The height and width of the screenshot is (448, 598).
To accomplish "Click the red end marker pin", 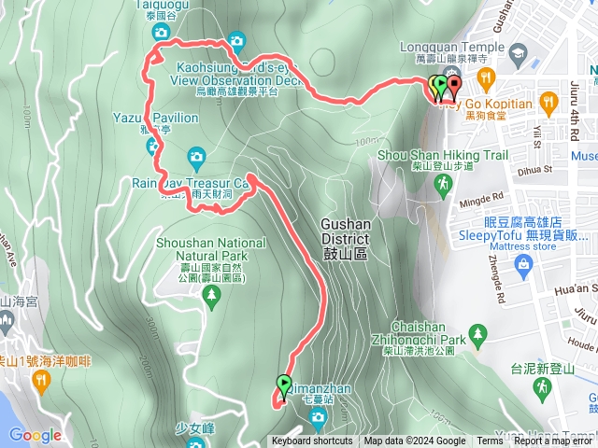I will (454, 86).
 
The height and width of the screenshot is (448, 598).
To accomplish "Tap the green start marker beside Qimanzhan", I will (283, 382).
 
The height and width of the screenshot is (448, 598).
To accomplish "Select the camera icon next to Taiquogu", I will (161, 33).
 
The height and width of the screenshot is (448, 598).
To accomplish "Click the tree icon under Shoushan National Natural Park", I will (212, 294).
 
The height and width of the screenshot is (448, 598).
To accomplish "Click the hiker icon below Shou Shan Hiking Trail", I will (441, 189).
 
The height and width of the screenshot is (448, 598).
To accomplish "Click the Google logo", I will (35, 434).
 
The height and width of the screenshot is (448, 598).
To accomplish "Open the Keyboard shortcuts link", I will (312, 441).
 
